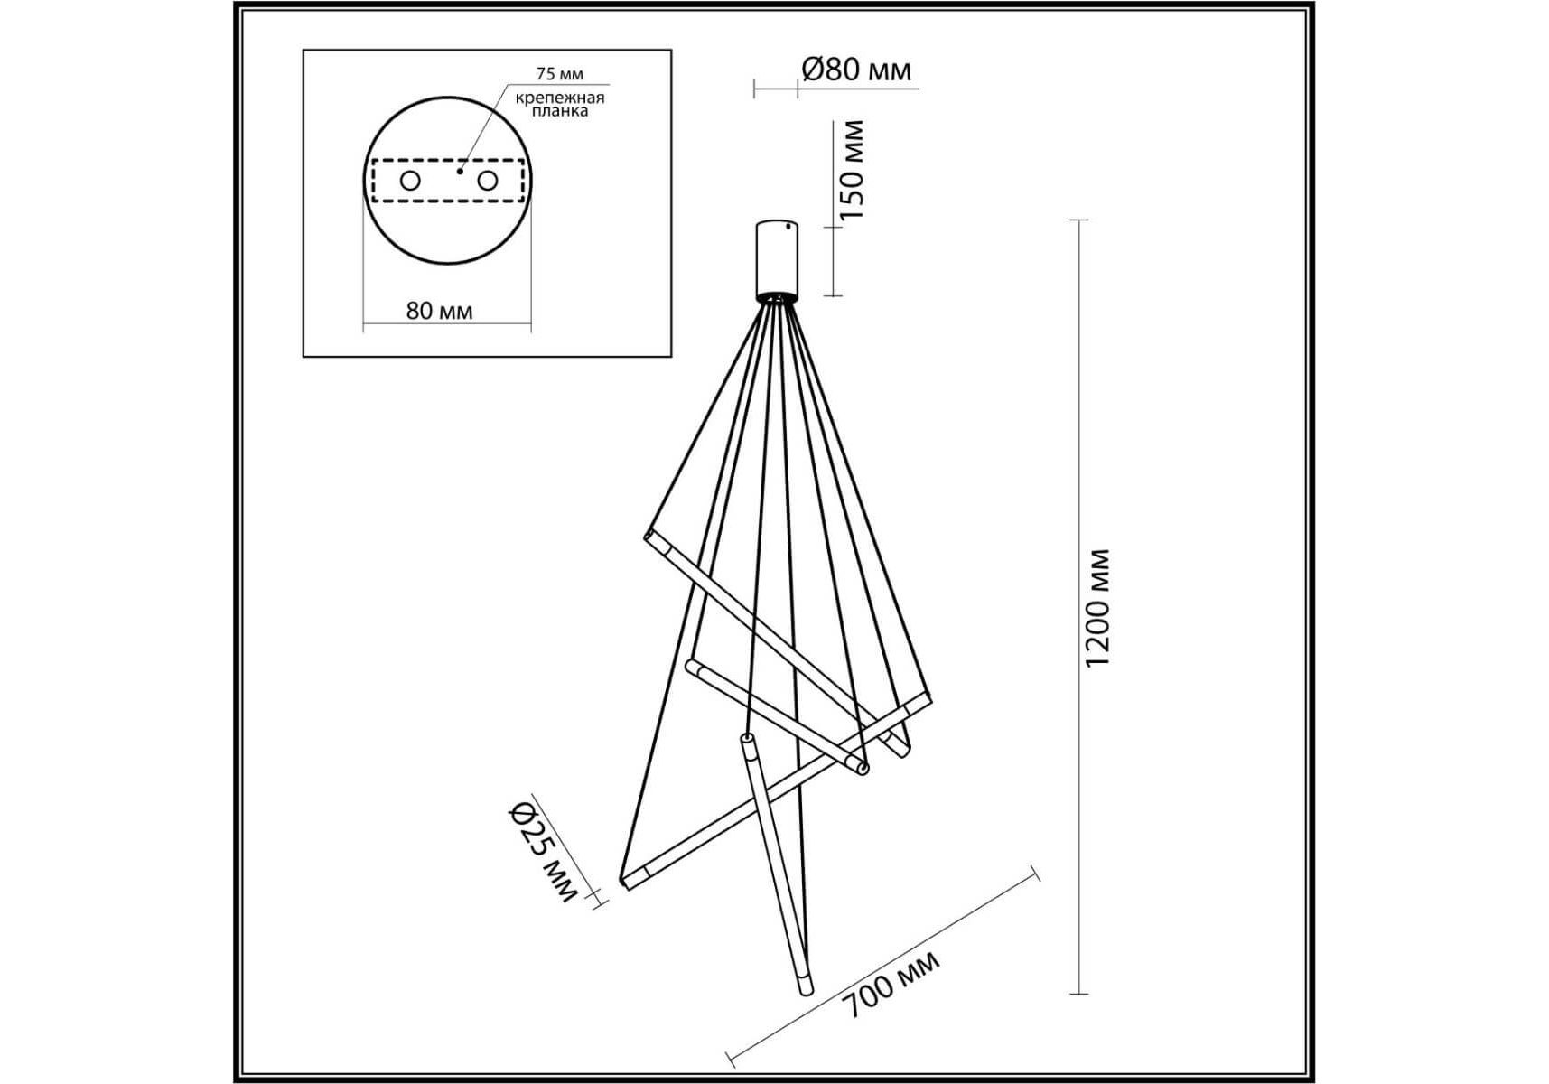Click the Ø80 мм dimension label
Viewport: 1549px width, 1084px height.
tap(856, 70)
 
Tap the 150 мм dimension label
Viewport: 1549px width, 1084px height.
tap(852, 170)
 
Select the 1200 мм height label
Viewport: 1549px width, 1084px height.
tap(1096, 608)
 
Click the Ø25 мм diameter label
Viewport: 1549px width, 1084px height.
tap(541, 852)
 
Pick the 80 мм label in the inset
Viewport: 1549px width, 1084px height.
tap(440, 311)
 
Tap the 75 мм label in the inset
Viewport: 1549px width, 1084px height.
tap(560, 74)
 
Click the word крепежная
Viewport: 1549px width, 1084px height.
tap(560, 98)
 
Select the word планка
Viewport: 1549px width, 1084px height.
tap(560, 111)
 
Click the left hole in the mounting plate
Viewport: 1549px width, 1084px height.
tap(410, 181)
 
